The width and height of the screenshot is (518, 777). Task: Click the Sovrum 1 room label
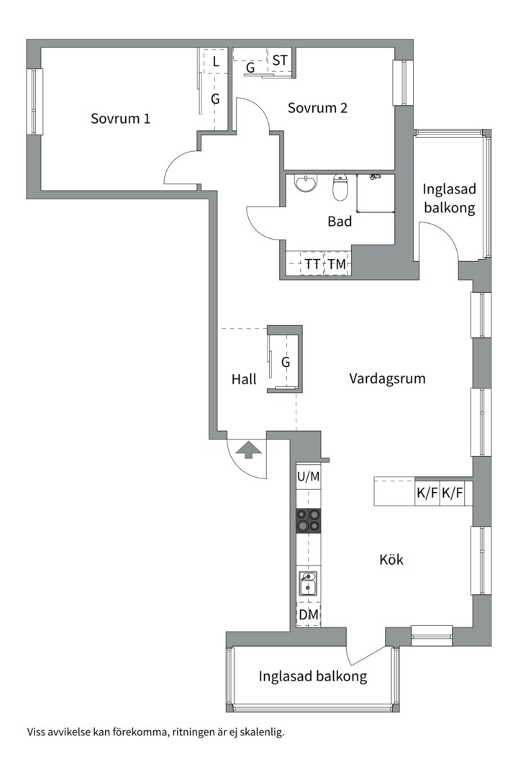click(x=120, y=119)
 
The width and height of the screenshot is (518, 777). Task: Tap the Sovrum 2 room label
click(x=317, y=108)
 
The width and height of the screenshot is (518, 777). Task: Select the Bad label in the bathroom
click(x=340, y=222)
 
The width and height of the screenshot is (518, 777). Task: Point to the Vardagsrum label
click(x=387, y=378)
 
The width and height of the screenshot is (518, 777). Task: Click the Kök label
click(x=391, y=559)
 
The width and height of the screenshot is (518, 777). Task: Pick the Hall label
click(x=244, y=379)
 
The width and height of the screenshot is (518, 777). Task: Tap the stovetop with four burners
click(x=309, y=520)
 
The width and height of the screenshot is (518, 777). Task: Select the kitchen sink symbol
click(x=309, y=583)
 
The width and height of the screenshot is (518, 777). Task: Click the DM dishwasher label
click(x=309, y=615)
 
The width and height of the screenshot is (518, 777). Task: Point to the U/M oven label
click(x=309, y=476)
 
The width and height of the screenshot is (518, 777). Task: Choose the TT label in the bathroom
click(x=312, y=264)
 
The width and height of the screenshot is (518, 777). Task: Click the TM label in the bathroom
click(x=337, y=264)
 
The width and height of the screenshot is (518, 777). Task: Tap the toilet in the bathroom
click(x=340, y=188)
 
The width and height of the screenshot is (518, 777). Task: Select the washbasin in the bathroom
click(x=306, y=184)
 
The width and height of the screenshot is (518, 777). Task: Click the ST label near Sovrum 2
click(x=280, y=61)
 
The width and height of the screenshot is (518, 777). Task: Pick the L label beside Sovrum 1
click(x=215, y=62)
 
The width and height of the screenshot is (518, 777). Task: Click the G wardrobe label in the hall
click(x=286, y=363)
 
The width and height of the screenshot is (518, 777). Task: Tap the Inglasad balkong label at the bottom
click(x=313, y=676)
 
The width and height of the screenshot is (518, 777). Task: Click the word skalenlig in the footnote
click(x=260, y=733)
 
